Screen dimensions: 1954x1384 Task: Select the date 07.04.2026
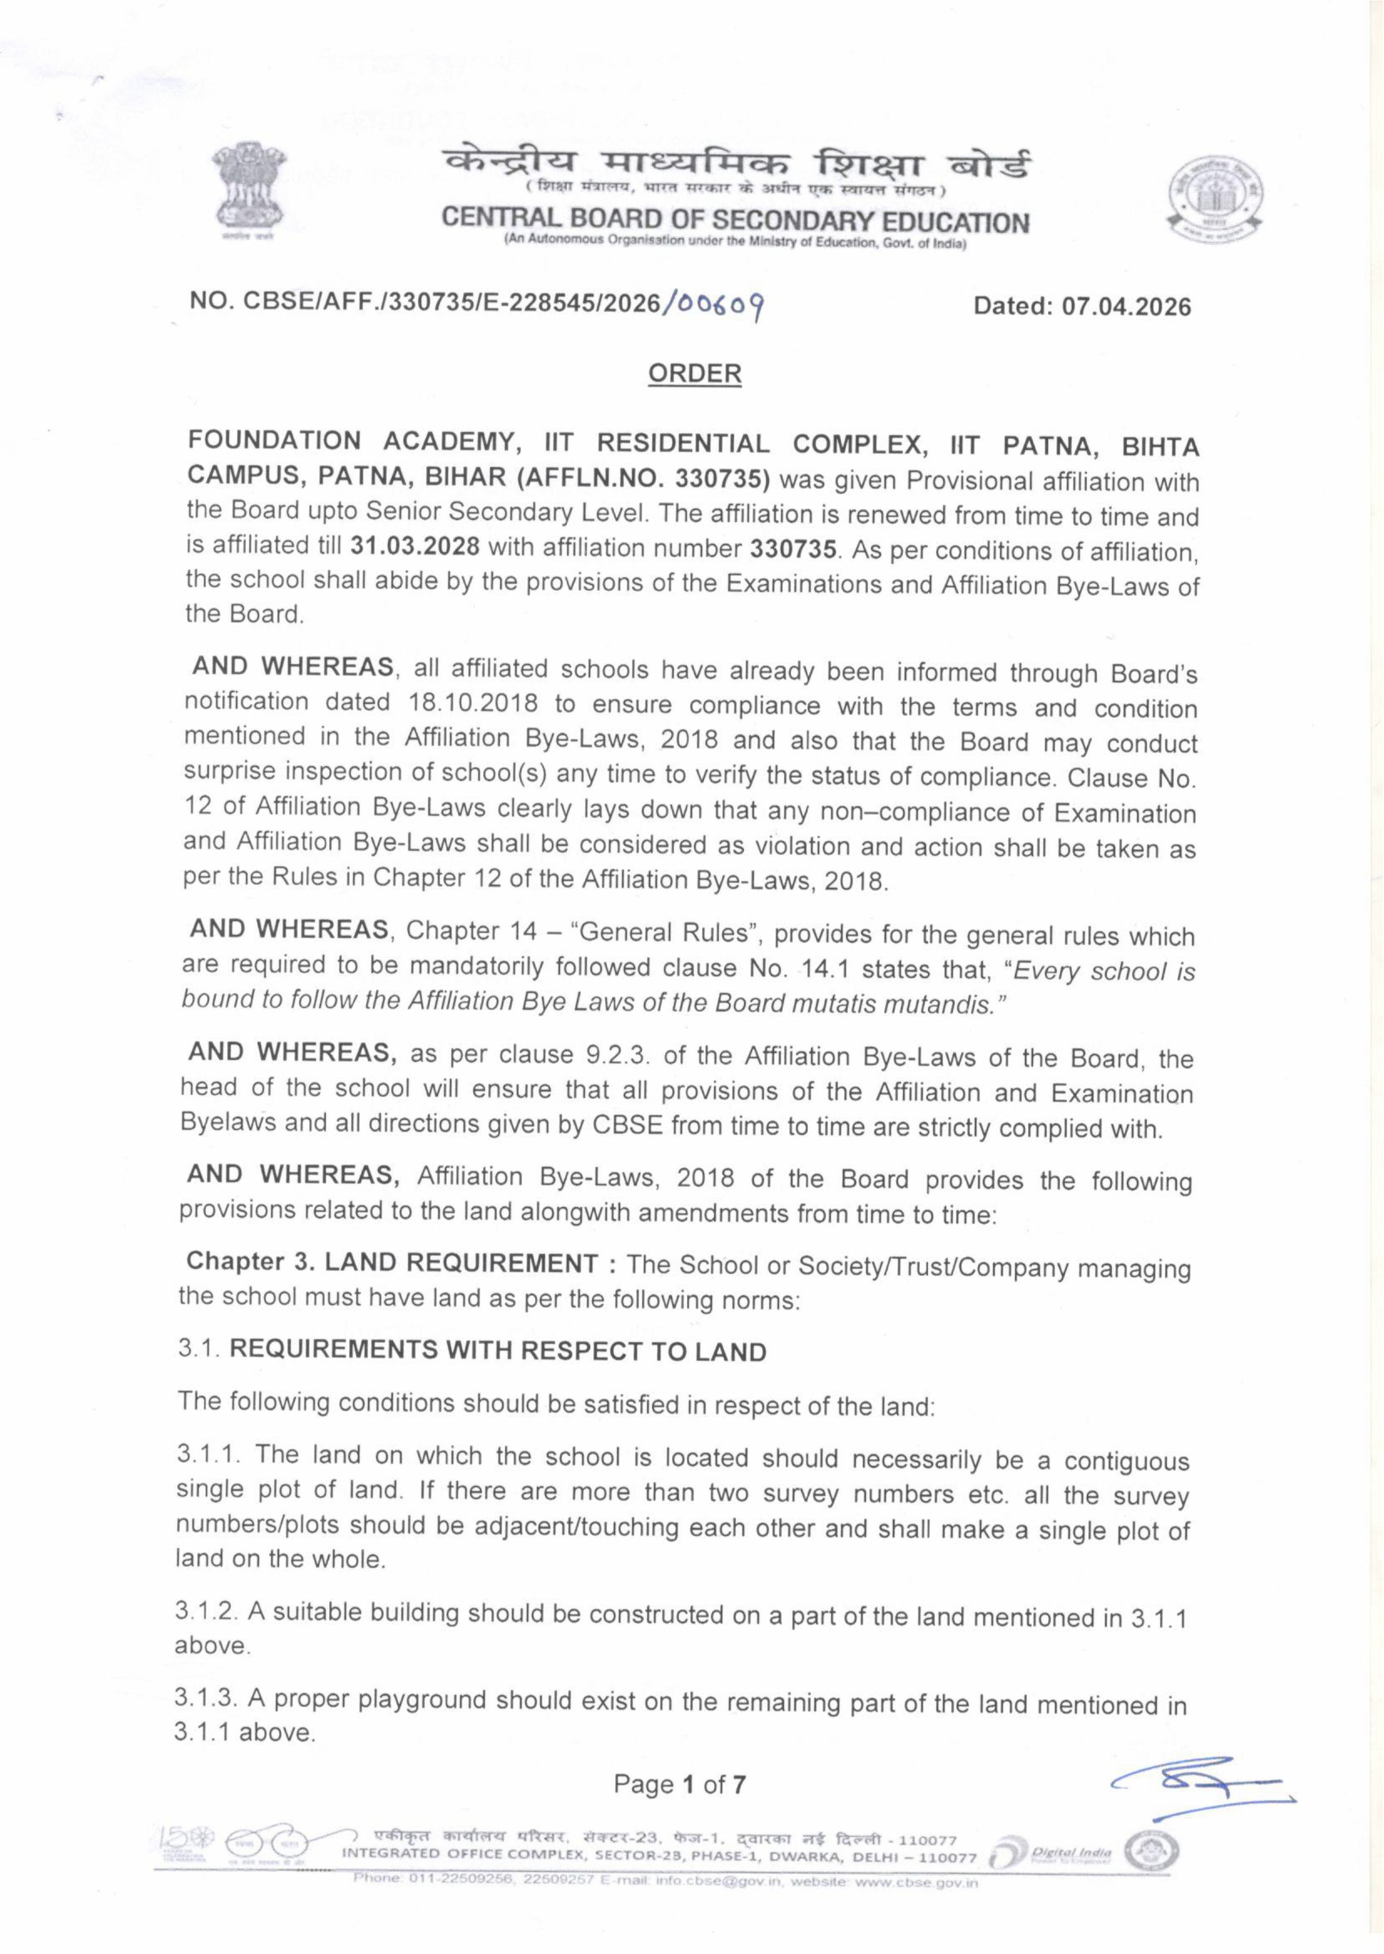click(1125, 307)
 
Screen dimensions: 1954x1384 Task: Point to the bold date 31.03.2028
click(415, 546)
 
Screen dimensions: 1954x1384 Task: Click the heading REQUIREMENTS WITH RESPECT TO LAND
click(499, 1352)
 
